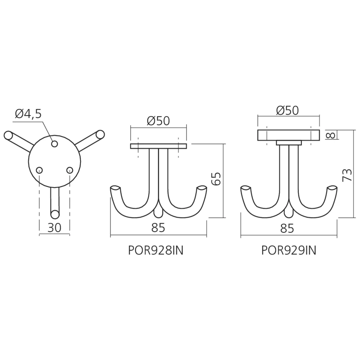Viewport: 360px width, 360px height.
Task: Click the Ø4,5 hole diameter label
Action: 28,114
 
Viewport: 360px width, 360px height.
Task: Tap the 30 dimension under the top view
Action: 54,228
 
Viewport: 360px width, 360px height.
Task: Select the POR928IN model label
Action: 156,250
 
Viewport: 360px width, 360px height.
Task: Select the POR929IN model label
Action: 289,250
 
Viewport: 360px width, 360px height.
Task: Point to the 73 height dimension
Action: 347,175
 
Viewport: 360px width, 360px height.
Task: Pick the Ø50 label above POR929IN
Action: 288,110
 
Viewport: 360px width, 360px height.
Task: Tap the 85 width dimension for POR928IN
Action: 158,228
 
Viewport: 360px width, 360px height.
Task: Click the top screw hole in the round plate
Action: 54,144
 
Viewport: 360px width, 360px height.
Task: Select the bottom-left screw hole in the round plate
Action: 40,170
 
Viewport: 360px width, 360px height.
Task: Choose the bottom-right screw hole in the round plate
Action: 69,170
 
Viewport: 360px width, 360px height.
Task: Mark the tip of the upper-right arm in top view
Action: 100,136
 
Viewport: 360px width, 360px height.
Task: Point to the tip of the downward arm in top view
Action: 54,214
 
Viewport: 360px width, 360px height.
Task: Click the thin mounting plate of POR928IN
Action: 158,146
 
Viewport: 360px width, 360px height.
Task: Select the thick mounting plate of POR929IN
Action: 288,135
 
